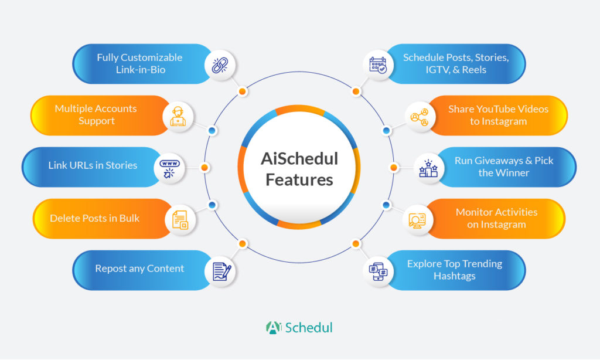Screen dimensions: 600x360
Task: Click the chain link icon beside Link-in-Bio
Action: (x=220, y=65)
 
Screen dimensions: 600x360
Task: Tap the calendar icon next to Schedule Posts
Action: (x=378, y=65)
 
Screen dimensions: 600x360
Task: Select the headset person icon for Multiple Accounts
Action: (x=178, y=117)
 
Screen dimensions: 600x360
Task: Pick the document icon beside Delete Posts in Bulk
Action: (x=180, y=220)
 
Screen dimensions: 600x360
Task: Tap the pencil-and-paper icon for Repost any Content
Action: (x=221, y=271)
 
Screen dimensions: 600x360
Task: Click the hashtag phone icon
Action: (x=378, y=271)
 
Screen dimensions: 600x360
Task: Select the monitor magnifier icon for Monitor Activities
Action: (x=417, y=220)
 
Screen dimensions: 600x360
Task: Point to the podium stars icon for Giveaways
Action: (x=428, y=168)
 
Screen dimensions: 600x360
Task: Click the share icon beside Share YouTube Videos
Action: (x=420, y=117)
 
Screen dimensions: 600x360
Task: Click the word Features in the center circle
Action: (x=299, y=179)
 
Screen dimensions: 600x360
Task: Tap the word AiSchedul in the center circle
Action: (x=299, y=158)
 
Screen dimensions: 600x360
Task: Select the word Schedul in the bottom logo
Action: (x=309, y=327)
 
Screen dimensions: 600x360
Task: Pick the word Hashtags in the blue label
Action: (x=455, y=276)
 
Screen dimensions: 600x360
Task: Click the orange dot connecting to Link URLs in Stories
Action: (x=204, y=167)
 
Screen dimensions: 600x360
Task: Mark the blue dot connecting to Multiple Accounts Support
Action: (x=212, y=131)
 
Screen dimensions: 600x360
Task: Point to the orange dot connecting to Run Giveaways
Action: (x=393, y=167)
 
